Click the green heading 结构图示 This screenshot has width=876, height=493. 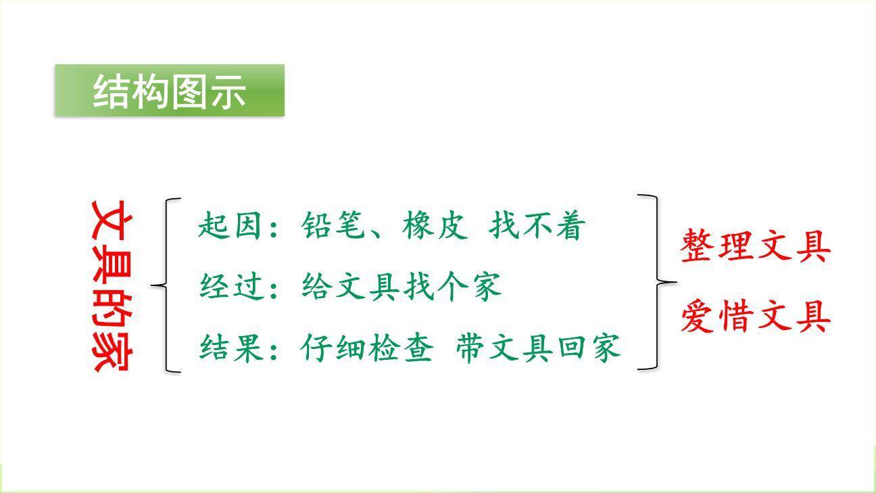pyautogui.click(x=169, y=91)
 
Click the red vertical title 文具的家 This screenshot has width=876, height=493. pyautogui.click(x=112, y=285)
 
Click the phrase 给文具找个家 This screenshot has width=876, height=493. pyautogui.click(x=401, y=287)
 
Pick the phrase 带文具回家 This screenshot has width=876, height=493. pyautogui.click(x=537, y=348)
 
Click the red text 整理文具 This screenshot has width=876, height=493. pyautogui.click(x=755, y=245)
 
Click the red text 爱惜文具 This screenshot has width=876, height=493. pyautogui.click(x=755, y=316)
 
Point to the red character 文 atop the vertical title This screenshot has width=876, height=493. pyautogui.click(x=112, y=218)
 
